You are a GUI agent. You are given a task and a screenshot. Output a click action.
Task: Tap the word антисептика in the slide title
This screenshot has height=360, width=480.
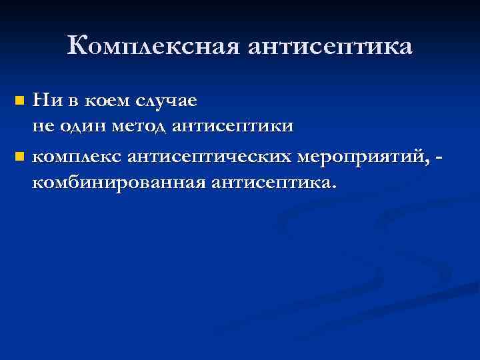click(x=331, y=47)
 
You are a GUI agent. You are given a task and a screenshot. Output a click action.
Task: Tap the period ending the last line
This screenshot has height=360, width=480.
click(x=332, y=186)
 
